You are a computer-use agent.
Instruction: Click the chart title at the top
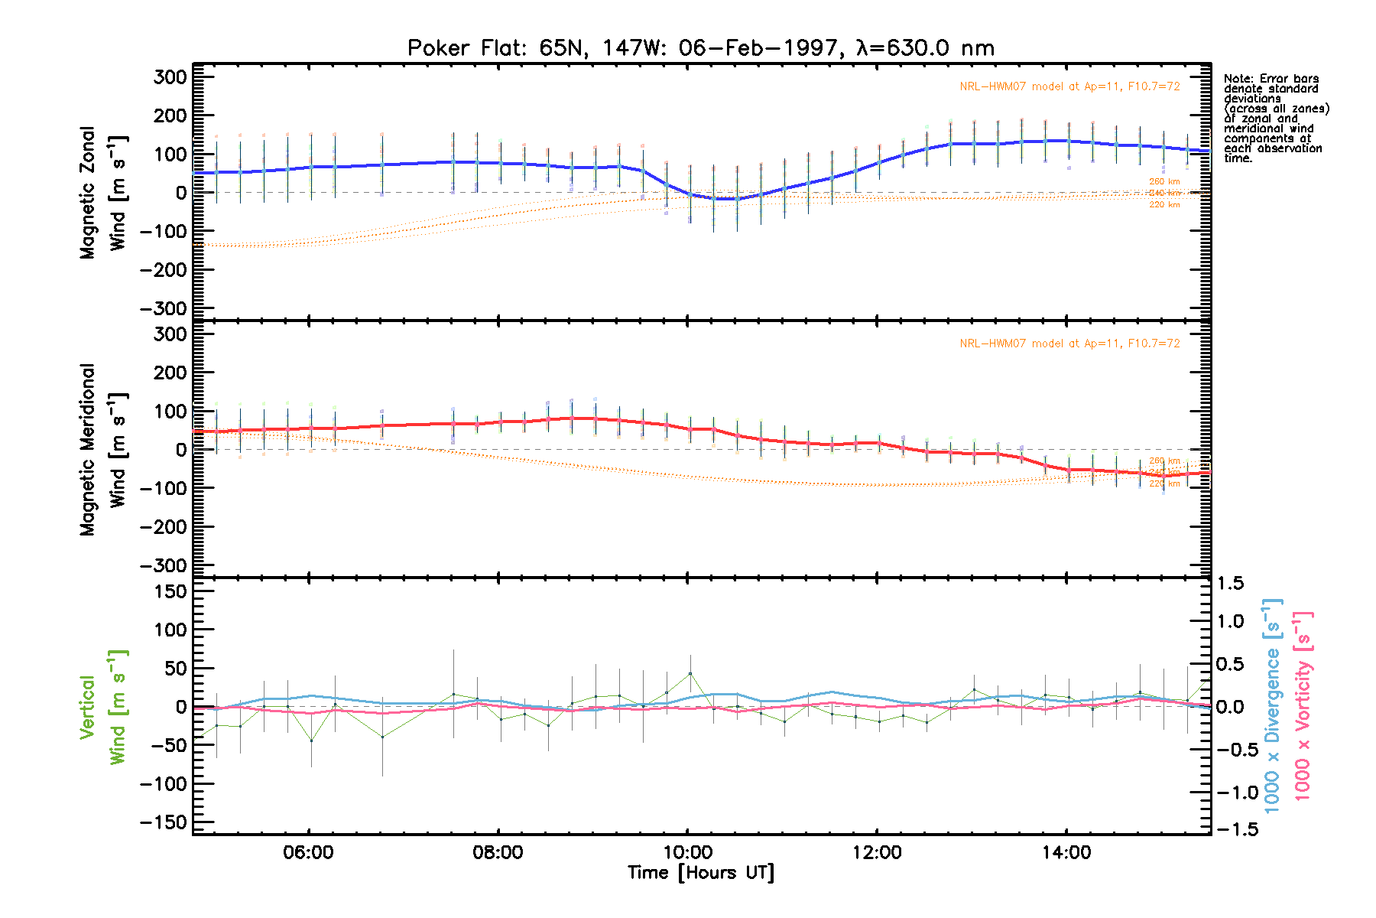tap(701, 48)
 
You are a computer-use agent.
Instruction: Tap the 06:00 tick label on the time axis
tap(308, 852)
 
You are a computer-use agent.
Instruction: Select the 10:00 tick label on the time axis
tap(687, 852)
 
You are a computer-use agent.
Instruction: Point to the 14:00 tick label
tap(1066, 852)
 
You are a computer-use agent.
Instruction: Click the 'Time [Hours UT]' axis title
tap(701, 873)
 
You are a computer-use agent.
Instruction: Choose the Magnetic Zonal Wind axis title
tap(102, 193)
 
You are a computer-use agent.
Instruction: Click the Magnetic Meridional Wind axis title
tap(102, 450)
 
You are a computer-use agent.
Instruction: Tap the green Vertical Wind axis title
tap(102, 707)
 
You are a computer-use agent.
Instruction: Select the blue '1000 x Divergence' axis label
tap(1272, 705)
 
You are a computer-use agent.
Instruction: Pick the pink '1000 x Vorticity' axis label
tap(1302, 705)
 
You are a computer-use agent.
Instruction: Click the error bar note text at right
tap(1274, 119)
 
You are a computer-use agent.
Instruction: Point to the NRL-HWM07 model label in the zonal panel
tap(1069, 86)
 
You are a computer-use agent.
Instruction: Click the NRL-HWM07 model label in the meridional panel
tap(1069, 343)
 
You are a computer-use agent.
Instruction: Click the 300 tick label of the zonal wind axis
tap(170, 76)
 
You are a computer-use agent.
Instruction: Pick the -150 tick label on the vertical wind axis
tap(164, 822)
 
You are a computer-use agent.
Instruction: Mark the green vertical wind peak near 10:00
tap(690, 673)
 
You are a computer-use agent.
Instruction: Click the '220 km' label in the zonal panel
tap(1164, 205)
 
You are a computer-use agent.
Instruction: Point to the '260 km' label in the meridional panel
tap(1164, 461)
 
